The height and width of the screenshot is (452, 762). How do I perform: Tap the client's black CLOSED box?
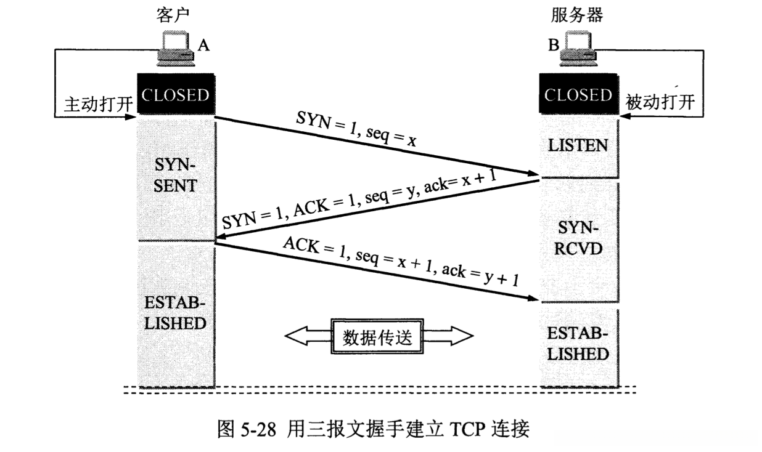[x=175, y=95]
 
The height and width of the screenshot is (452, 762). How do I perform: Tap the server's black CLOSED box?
[x=578, y=95]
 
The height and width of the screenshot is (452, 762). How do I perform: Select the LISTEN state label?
[x=578, y=146]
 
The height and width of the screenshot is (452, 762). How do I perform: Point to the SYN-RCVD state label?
[x=578, y=241]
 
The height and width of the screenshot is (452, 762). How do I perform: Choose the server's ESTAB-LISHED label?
[x=578, y=343]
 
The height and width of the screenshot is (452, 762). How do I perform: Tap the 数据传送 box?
[x=379, y=337]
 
